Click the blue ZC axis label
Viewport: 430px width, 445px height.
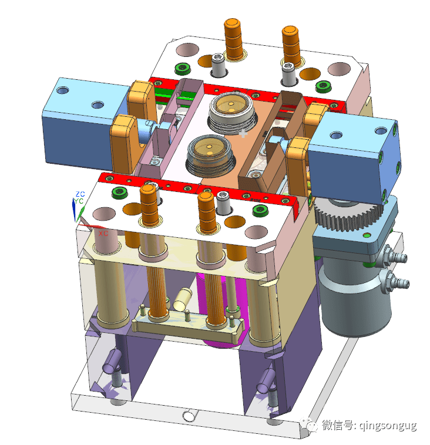click(80, 194)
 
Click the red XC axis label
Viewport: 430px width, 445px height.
click(103, 234)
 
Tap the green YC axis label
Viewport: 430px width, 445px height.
click(78, 201)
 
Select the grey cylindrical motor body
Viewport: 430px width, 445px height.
click(355, 298)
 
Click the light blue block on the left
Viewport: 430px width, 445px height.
click(85, 122)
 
